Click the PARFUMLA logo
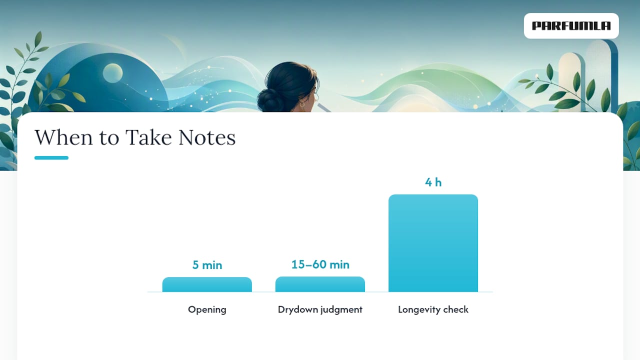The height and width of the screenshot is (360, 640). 571,25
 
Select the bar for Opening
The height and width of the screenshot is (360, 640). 207,284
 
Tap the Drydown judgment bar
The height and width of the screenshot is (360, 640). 320,284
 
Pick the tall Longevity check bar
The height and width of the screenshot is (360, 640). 433,243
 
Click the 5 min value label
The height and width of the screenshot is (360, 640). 207,265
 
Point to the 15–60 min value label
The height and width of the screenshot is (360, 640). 320,264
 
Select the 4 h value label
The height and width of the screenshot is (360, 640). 433,182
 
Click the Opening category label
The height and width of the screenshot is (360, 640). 207,309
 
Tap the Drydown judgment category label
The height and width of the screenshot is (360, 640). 320,309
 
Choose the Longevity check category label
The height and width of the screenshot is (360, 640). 433,309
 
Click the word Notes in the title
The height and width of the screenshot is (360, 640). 207,137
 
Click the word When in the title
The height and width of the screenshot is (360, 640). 63,137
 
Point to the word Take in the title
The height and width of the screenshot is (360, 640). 148,137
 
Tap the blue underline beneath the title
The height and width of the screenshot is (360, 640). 51,157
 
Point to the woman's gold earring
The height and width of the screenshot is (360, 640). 301,104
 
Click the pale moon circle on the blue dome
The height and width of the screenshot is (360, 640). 112,73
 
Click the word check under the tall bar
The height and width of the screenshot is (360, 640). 455,309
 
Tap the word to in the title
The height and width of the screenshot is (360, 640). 109,138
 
